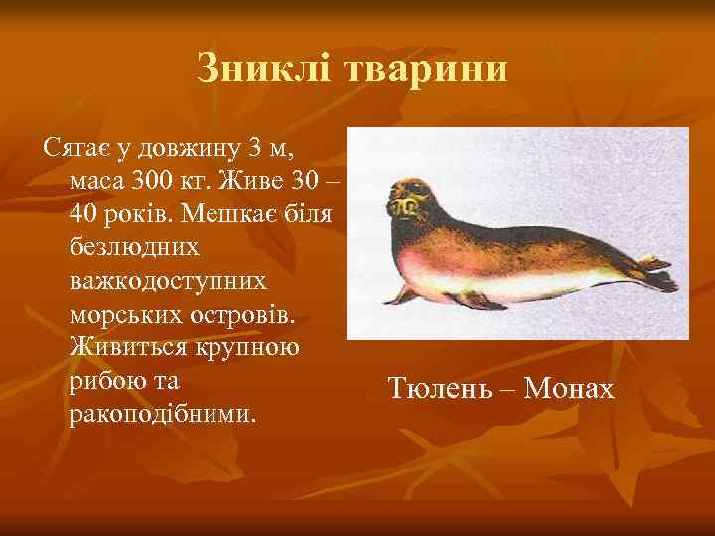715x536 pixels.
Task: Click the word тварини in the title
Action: pos(427,68)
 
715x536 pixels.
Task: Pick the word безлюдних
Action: pos(135,247)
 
